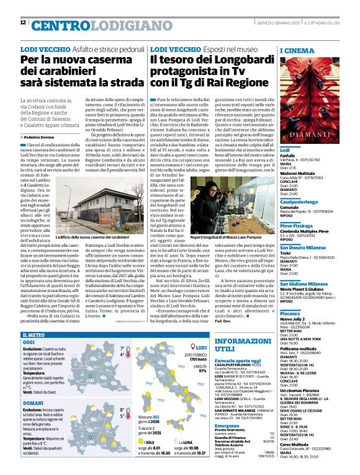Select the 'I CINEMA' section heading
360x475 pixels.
pyautogui.click(x=297, y=50)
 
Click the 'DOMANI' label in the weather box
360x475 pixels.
pyautogui.click(x=32, y=402)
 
